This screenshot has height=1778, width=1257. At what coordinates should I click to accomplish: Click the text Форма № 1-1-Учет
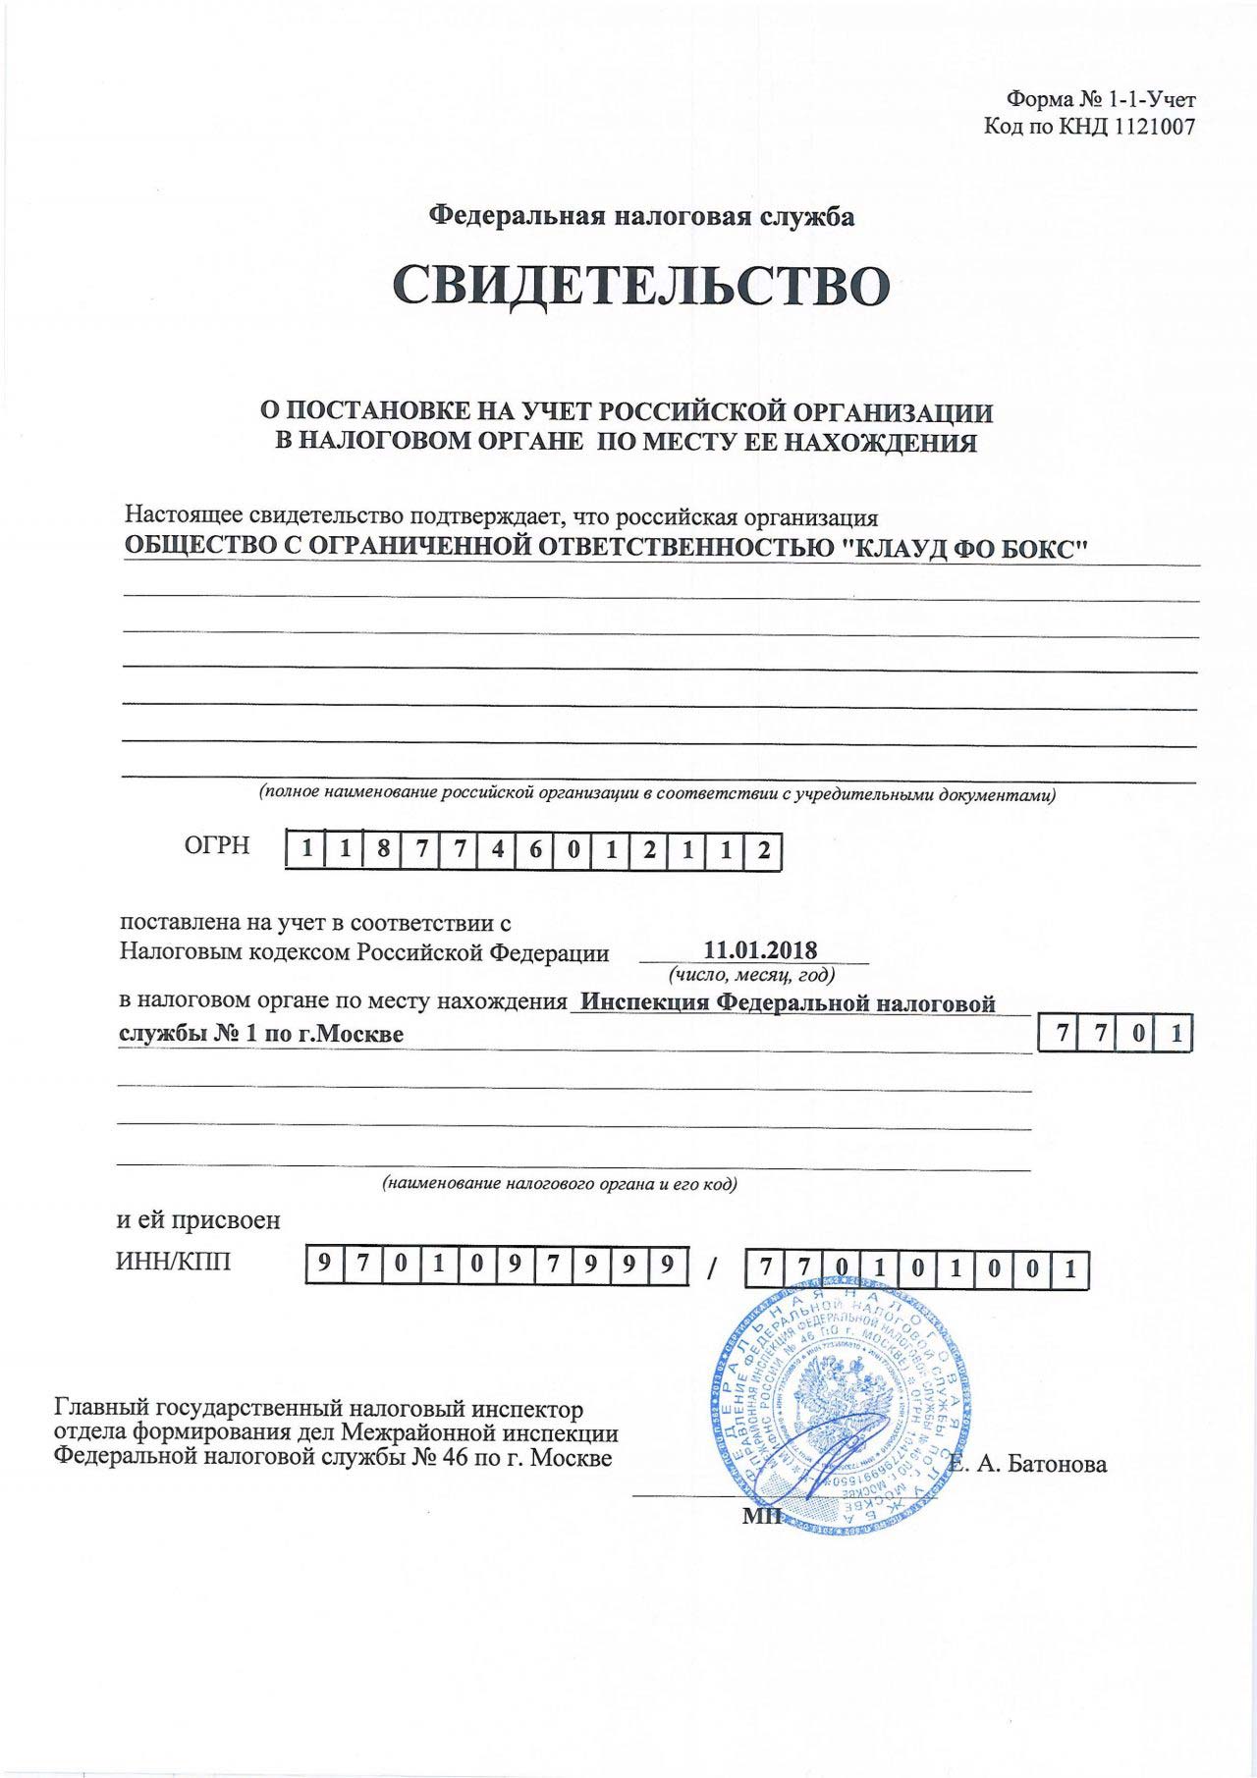pos(1101,99)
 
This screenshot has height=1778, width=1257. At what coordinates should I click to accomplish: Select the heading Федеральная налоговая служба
pos(644,216)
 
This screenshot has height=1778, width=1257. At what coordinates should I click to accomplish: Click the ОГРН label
pos(217,845)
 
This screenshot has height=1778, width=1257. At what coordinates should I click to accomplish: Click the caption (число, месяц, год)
pos(751,975)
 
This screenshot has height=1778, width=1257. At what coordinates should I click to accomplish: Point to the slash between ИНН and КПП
pos(710,1267)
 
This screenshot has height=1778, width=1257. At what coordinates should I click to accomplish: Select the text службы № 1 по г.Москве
pos(260,1034)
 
